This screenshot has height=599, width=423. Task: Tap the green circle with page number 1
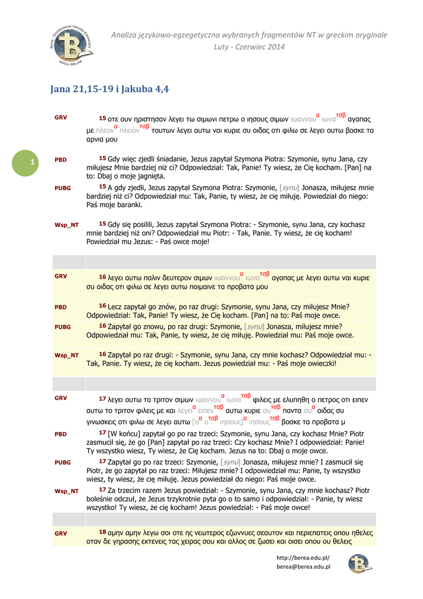pyautogui.click(x=33, y=161)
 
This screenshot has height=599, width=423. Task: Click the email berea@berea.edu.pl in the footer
pyautogui.click(x=303, y=566)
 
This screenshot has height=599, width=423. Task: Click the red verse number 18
pyautogui.click(x=102, y=532)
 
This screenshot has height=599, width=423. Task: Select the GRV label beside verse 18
pyautogui.click(x=61, y=533)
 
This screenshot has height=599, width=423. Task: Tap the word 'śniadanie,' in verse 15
pyautogui.click(x=174, y=159)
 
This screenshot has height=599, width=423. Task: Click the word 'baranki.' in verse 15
pyautogui.click(x=128, y=205)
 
